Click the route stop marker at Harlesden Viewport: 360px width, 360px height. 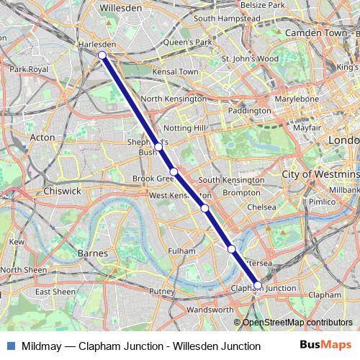pyautogui.click(x=102, y=55)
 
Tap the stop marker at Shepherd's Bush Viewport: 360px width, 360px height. pyautogui.click(x=158, y=146)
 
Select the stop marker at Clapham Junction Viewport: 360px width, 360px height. pyautogui.click(x=258, y=285)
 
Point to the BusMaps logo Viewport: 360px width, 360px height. pyautogui.click(x=325, y=346)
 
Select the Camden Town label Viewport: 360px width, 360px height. pyautogui.click(x=316, y=33)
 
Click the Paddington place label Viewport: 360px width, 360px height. pyautogui.click(x=251, y=111)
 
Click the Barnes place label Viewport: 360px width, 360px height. pyautogui.click(x=91, y=253)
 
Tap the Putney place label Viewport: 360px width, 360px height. pyautogui.click(x=162, y=291)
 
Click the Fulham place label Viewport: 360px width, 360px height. pyautogui.click(x=181, y=251)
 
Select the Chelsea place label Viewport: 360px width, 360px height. pyautogui.click(x=261, y=207)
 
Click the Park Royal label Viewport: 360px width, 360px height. pyautogui.click(x=28, y=69)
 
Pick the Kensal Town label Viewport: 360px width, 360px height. pyautogui.click(x=179, y=72)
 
